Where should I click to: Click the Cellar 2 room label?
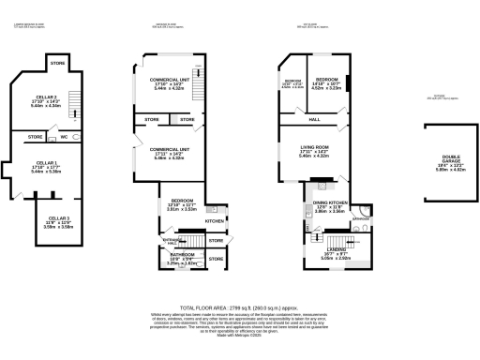tap(45, 100)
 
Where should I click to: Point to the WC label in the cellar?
tap(64, 138)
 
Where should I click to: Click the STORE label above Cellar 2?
tap(58, 64)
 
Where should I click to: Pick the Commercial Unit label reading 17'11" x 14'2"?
tap(170, 153)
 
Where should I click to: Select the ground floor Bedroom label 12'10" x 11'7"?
tap(182, 206)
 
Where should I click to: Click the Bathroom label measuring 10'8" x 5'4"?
tap(182, 260)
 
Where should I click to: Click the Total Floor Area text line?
tap(239, 307)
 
